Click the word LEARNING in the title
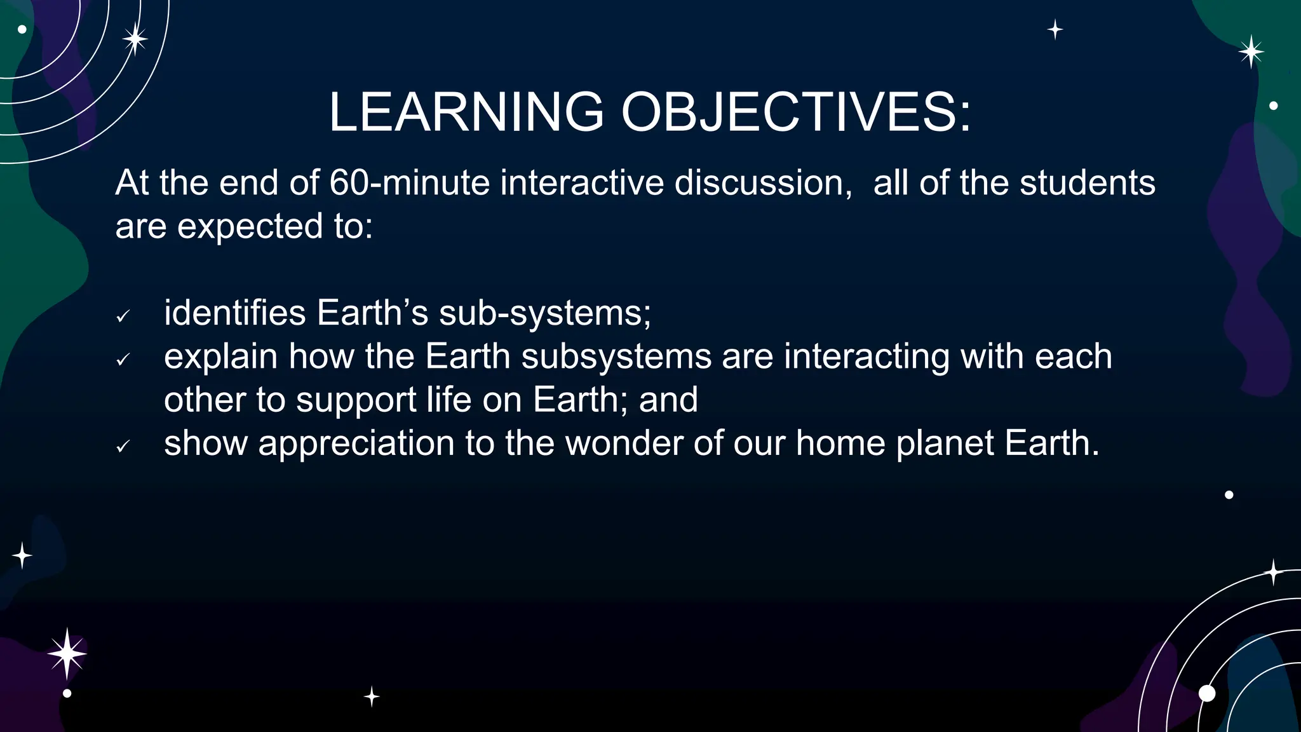point(466,112)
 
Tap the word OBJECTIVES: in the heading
point(796,112)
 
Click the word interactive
point(581,183)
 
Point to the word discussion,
point(763,183)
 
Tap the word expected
point(250,227)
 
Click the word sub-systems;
point(545,313)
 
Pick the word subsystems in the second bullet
point(616,356)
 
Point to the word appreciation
point(356,444)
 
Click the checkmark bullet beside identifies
point(123,316)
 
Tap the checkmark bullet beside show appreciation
point(123,447)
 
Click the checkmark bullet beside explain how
point(123,360)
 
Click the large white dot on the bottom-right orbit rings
point(1206,693)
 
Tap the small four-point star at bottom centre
point(372,697)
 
